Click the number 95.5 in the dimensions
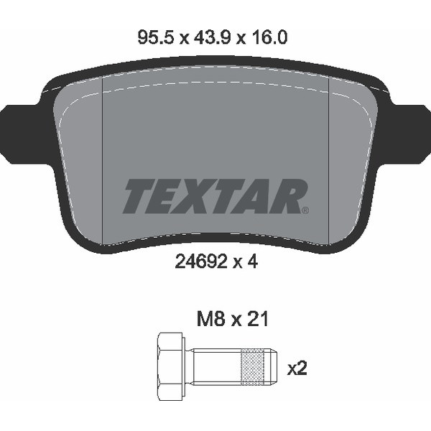tap(156, 37)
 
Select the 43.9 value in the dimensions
tap(212, 37)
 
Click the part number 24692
tap(201, 261)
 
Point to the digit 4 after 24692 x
tap(252, 261)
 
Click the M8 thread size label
tap(211, 319)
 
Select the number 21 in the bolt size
tap(257, 319)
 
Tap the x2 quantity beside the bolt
tap(297, 368)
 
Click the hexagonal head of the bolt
tap(170, 366)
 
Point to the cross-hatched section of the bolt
tap(252, 366)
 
